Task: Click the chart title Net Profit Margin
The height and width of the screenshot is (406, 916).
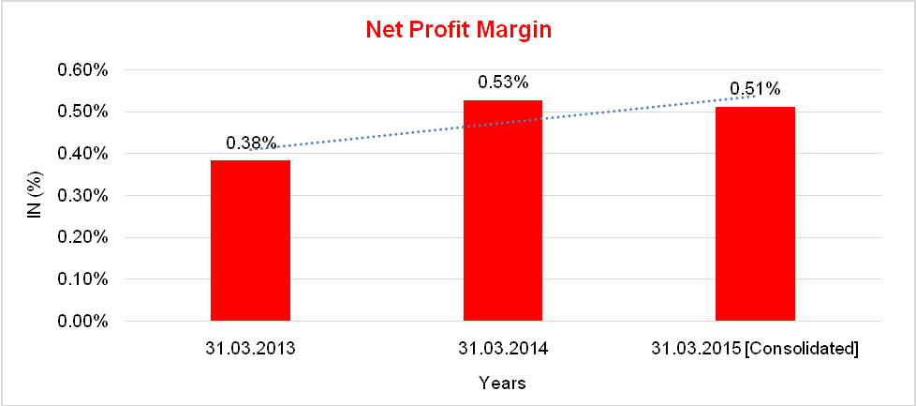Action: point(458,30)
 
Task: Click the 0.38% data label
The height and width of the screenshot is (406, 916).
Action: point(251,143)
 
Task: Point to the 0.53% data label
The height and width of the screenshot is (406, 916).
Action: point(503,83)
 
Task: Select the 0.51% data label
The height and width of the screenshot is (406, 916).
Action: point(755,89)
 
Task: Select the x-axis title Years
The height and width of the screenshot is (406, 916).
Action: point(502,383)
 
